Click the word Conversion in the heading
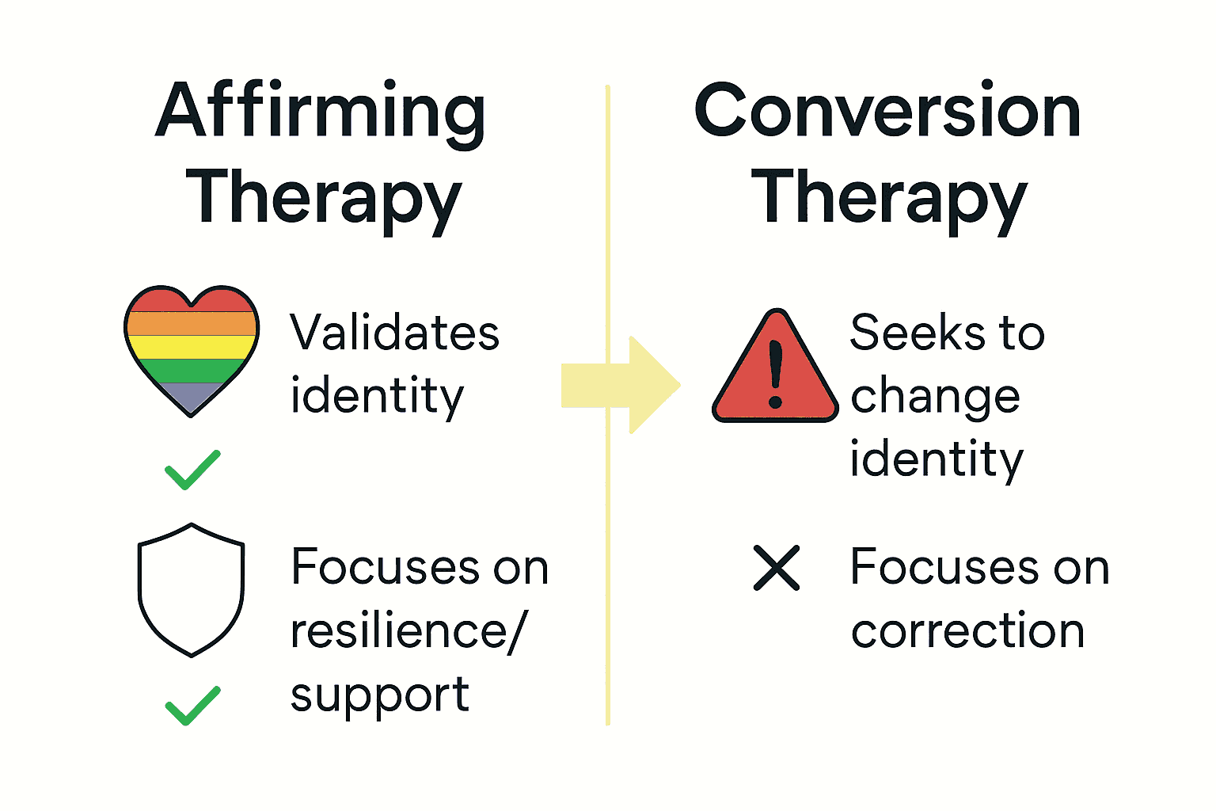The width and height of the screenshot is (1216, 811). (887, 112)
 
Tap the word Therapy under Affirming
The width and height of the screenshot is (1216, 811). (324, 199)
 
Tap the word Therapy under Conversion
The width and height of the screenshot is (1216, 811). (889, 199)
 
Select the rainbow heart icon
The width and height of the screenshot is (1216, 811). (192, 349)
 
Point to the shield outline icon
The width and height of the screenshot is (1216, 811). (192, 589)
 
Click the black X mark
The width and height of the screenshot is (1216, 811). (777, 568)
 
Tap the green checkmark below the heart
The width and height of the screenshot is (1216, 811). (192, 470)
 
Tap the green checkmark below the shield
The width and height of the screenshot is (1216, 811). (192, 705)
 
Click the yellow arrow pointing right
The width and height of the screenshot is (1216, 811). (622, 386)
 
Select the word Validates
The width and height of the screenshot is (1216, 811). (394, 333)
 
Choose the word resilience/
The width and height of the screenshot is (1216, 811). (408, 631)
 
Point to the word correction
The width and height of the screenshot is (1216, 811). (967, 631)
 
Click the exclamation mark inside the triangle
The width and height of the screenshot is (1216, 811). (776, 374)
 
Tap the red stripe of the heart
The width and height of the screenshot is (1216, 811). (192, 301)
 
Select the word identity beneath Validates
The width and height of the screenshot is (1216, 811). (377, 396)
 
